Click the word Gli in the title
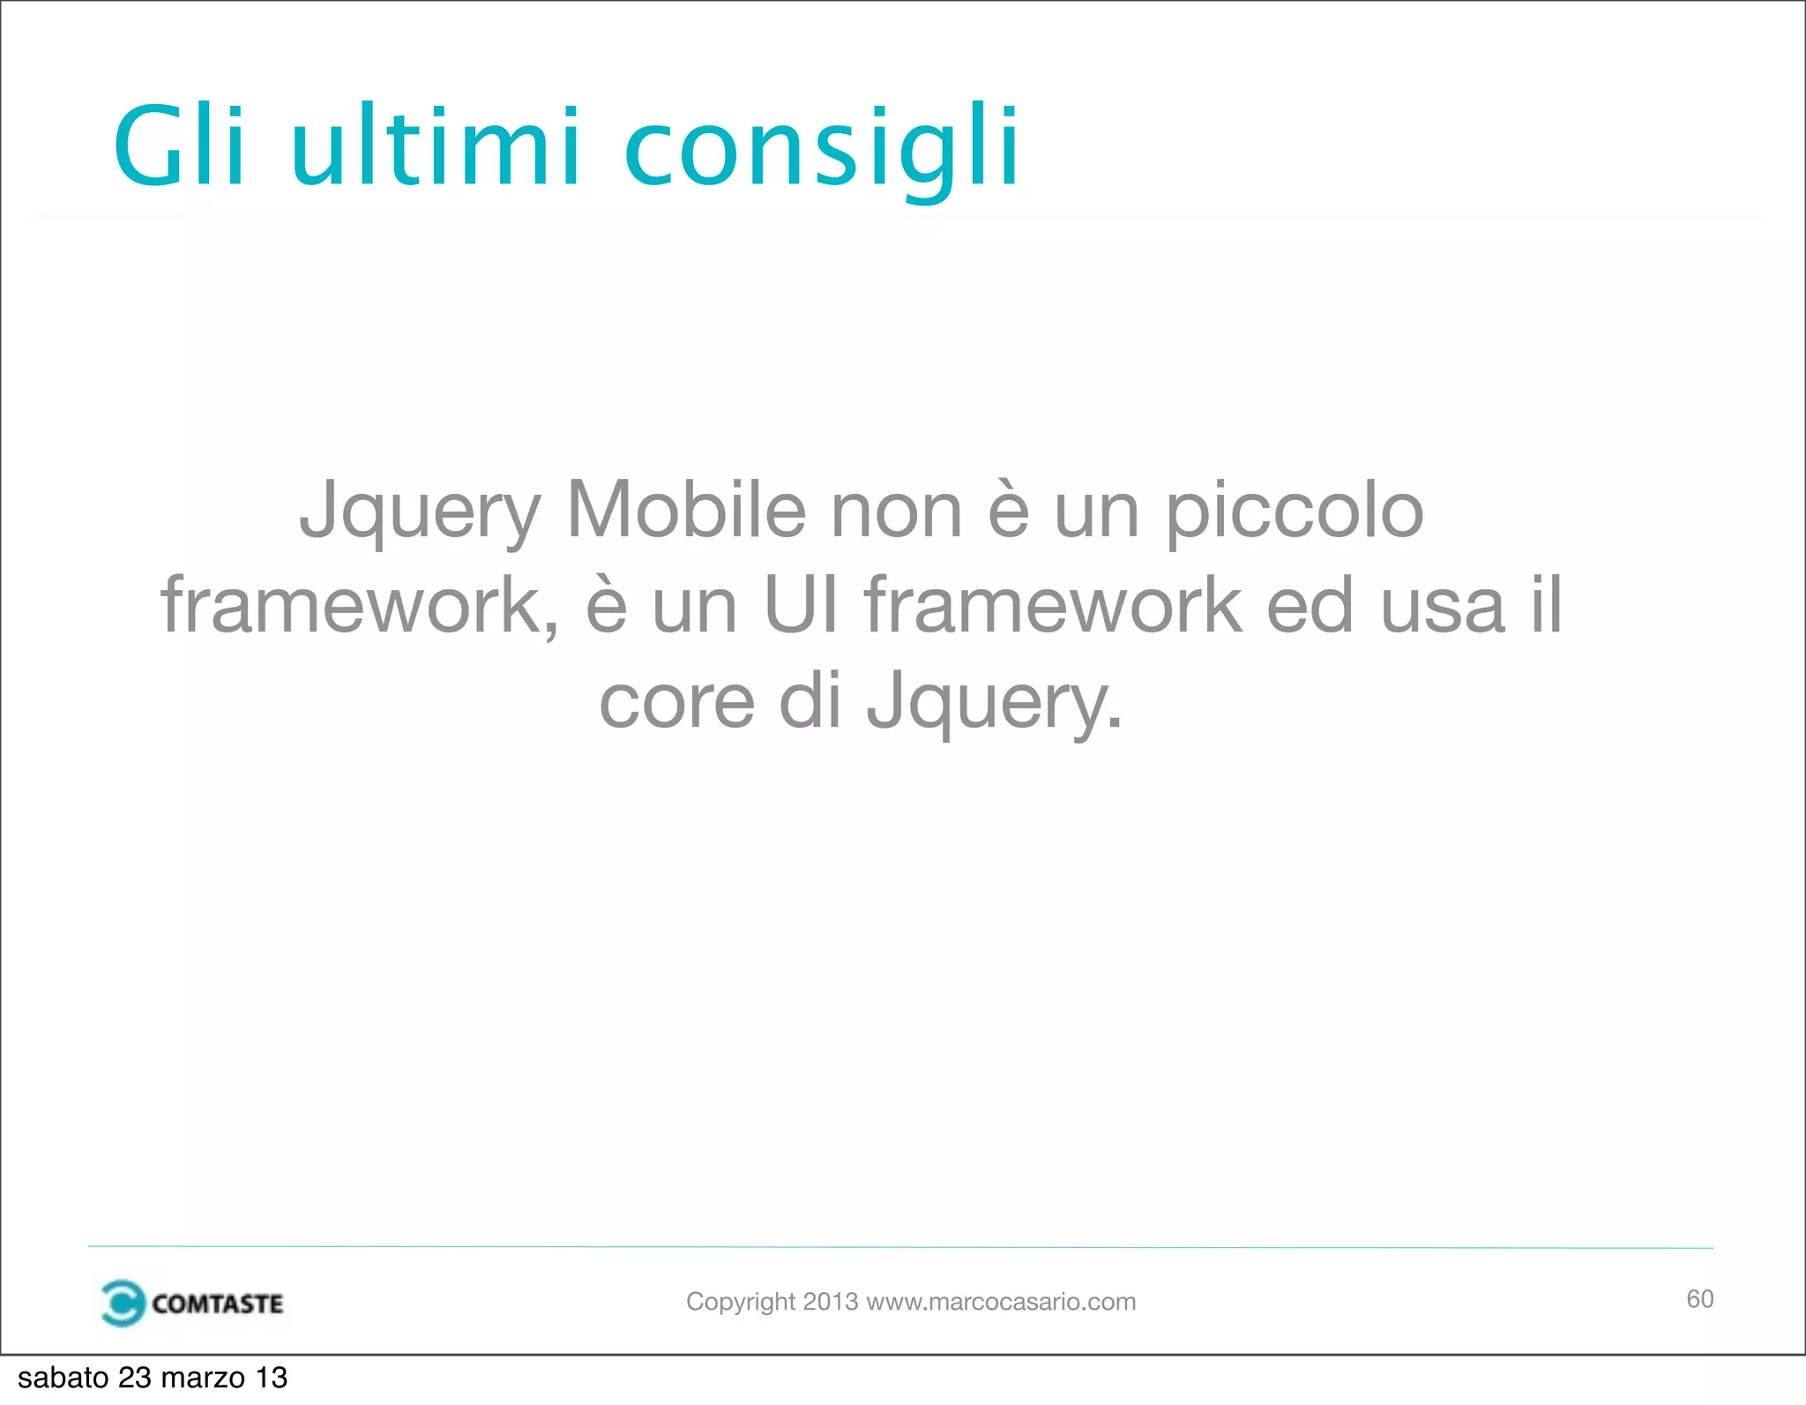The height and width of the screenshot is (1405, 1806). (179, 146)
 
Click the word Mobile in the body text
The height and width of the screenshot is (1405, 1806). (686, 512)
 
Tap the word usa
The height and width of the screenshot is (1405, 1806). (1443, 607)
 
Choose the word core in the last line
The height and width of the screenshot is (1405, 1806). (676, 702)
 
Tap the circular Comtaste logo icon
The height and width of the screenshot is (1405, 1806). (122, 1303)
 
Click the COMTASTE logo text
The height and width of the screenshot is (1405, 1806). (217, 1304)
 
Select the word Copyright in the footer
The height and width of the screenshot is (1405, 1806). (741, 1302)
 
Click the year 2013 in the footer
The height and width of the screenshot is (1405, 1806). (830, 1302)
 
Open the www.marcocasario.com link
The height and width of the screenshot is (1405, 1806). (1001, 1302)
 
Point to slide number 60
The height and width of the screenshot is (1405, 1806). (1699, 1299)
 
